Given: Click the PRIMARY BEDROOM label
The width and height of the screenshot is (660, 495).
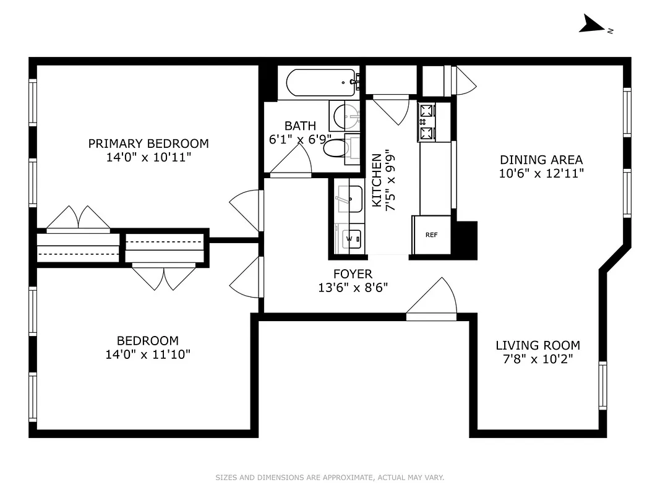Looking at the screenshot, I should tap(148, 144).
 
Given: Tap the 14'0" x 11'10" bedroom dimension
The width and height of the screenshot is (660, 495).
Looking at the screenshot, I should tap(148, 355).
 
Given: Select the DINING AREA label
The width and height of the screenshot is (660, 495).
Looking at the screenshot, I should tap(541, 160).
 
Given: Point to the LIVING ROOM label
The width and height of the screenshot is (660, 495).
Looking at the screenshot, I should tap(538, 345).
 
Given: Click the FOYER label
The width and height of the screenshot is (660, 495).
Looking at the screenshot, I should tap(353, 274).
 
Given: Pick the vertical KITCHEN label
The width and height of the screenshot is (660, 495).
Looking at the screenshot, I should tap(376, 180).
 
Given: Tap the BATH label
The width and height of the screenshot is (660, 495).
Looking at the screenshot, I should tap(300, 126).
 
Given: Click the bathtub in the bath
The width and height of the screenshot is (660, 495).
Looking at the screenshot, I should tap(319, 82).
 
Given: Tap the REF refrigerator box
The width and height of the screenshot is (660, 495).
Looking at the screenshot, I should tap(431, 235).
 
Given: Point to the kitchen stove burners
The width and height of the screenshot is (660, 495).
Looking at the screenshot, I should tap(427, 122).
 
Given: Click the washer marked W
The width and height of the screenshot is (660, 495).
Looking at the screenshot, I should tap(349, 238).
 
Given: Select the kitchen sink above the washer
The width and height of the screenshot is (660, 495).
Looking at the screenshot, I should tap(348, 199).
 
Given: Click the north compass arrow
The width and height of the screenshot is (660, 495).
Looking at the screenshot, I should tap(594, 25).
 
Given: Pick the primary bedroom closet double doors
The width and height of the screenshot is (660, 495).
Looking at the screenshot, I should tap(79, 218).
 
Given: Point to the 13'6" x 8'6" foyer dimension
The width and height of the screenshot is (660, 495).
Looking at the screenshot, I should tap(353, 288).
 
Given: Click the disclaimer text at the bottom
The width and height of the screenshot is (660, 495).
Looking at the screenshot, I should tap(330, 478).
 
